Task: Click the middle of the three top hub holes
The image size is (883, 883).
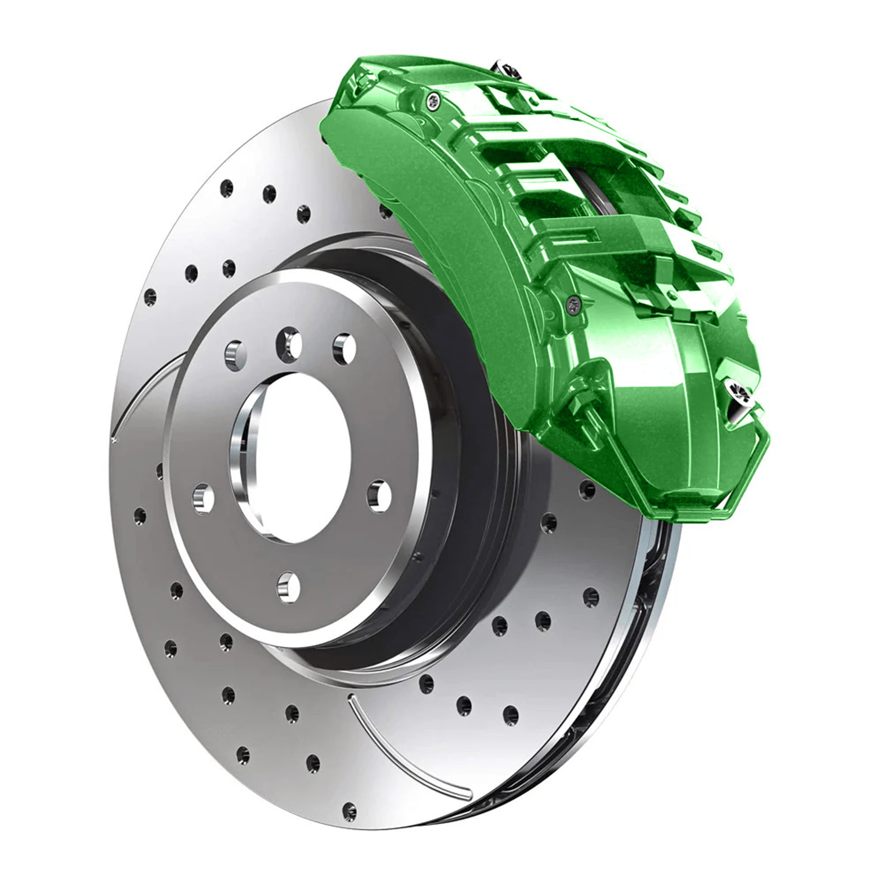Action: point(289,344)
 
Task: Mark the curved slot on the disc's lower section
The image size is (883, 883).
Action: point(402,750)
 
